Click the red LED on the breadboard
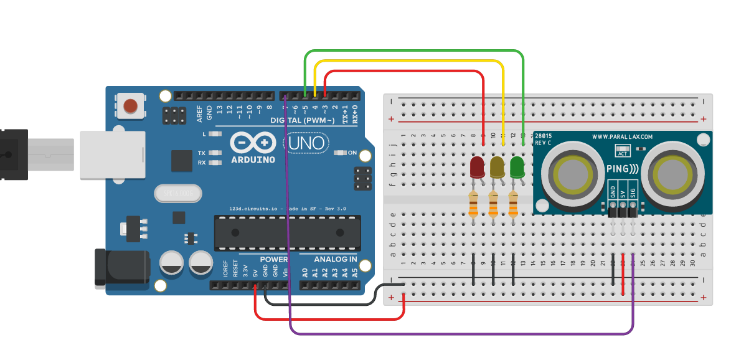478,167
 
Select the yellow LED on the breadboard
497,167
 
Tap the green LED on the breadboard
517,167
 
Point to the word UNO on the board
306,144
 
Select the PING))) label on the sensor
622,169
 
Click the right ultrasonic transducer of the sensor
671,174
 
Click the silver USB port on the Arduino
112,155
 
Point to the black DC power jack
121,268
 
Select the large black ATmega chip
287,232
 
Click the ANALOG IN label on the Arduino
335,259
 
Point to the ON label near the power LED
352,153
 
